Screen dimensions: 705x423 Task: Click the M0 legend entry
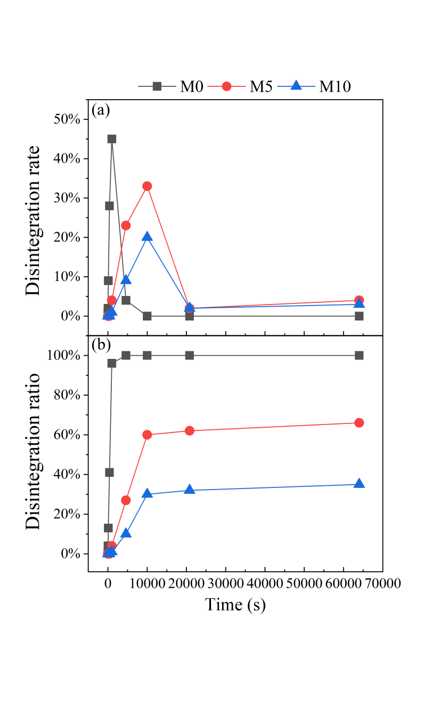pos(171,86)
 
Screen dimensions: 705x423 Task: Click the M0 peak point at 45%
pos(112,139)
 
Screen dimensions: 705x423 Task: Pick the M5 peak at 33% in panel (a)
pos(147,186)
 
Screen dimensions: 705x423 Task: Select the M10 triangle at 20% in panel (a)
pos(147,237)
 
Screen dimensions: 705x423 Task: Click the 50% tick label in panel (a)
pos(67,119)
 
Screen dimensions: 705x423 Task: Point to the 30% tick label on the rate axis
pos(67,198)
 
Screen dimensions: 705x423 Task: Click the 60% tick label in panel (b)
pos(67,435)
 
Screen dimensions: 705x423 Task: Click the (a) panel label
pos(101,110)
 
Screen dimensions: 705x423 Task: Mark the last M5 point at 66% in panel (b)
pos(359,423)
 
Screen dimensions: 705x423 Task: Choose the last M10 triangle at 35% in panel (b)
pos(359,484)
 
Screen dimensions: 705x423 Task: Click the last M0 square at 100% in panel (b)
pos(359,355)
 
